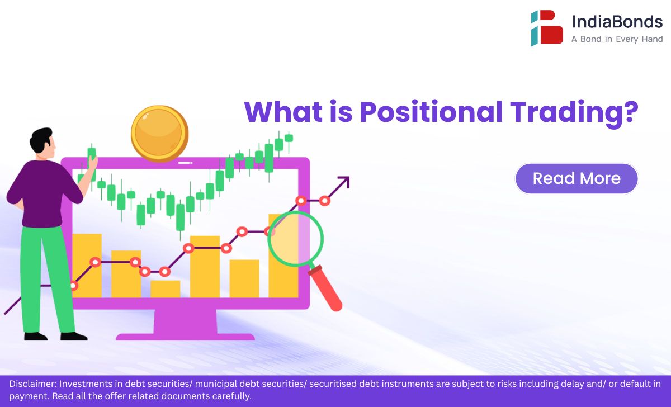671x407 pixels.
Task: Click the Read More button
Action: [577, 178]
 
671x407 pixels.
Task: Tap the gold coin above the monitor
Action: [160, 134]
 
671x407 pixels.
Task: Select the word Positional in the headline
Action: [431, 112]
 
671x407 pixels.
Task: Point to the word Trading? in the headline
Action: [574, 114]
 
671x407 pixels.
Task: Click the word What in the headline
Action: [283, 112]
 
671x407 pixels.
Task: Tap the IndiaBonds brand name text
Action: [617, 22]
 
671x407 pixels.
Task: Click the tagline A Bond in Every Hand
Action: [617, 39]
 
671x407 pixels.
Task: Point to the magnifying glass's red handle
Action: [326, 288]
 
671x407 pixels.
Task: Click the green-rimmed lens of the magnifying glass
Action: [322, 239]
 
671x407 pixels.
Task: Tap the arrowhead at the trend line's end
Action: [344, 182]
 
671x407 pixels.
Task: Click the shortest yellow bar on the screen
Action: [165, 289]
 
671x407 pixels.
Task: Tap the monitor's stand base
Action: [185, 337]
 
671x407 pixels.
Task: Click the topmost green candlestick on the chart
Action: [289, 138]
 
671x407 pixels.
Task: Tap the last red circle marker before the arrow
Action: [325, 201]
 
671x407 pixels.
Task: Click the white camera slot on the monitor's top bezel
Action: [185, 163]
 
